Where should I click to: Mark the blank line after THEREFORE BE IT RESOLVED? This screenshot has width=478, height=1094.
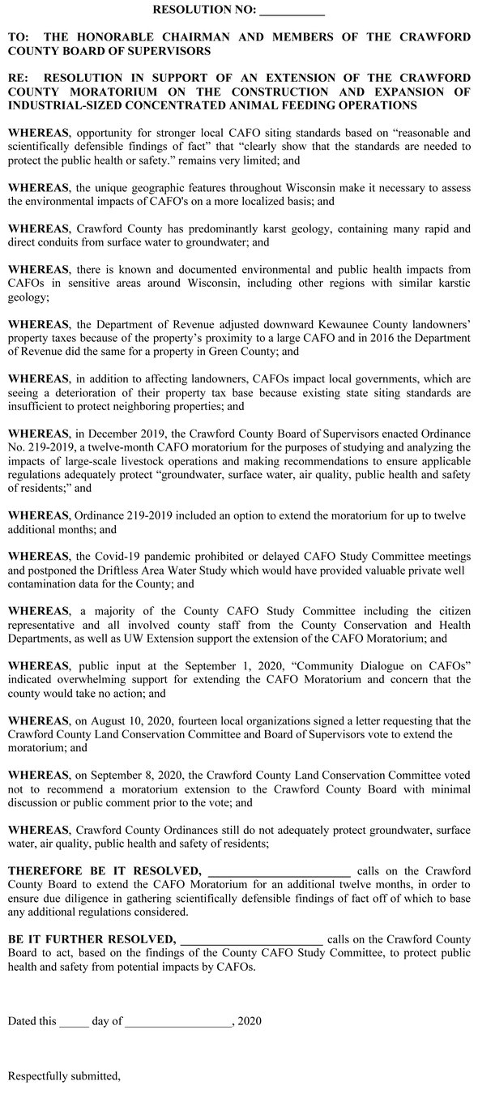[279, 871]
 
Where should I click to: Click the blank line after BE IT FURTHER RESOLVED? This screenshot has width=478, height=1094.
[251, 940]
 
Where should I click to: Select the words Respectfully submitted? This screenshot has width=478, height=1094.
[63, 1076]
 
